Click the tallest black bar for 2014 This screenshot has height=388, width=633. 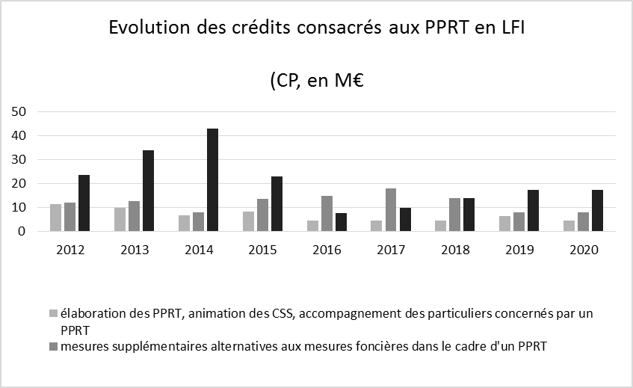(x=212, y=180)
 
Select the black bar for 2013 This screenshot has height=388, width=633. (x=148, y=191)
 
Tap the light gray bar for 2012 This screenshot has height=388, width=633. (x=55, y=218)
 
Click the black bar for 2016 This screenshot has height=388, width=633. (x=340, y=222)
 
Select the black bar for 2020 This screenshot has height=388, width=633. (x=596, y=211)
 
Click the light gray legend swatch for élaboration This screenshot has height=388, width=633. (x=52, y=314)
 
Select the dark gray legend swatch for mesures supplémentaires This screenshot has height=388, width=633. (x=52, y=345)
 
